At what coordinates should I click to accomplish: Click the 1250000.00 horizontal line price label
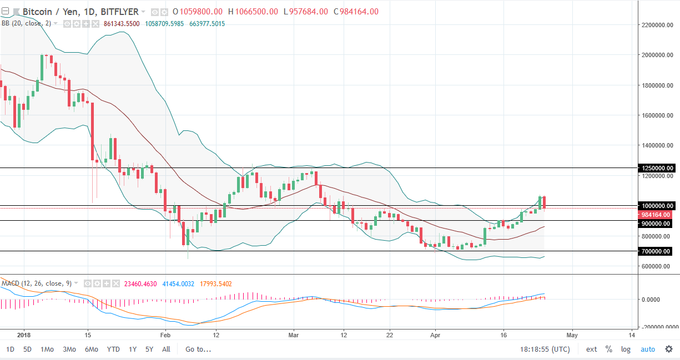(x=657, y=168)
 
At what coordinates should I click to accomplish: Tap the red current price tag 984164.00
(x=657, y=215)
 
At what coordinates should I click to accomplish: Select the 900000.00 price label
(x=657, y=223)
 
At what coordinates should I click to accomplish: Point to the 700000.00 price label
(x=657, y=251)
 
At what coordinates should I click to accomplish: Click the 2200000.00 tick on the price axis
(x=657, y=25)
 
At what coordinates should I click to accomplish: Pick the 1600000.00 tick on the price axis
(x=657, y=115)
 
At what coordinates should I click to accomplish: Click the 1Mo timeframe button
(x=47, y=349)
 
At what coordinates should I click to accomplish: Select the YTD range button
(x=113, y=349)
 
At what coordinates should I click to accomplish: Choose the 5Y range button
(x=149, y=349)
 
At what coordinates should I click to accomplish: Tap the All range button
(x=166, y=349)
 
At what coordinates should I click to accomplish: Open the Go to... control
(x=198, y=349)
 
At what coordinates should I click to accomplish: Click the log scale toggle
(x=626, y=349)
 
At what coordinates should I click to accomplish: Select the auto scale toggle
(x=648, y=349)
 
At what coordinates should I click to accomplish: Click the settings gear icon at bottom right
(x=668, y=349)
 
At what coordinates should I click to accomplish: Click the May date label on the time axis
(x=572, y=335)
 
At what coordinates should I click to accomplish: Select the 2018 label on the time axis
(x=23, y=335)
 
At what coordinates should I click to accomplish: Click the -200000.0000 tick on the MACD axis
(x=657, y=327)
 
